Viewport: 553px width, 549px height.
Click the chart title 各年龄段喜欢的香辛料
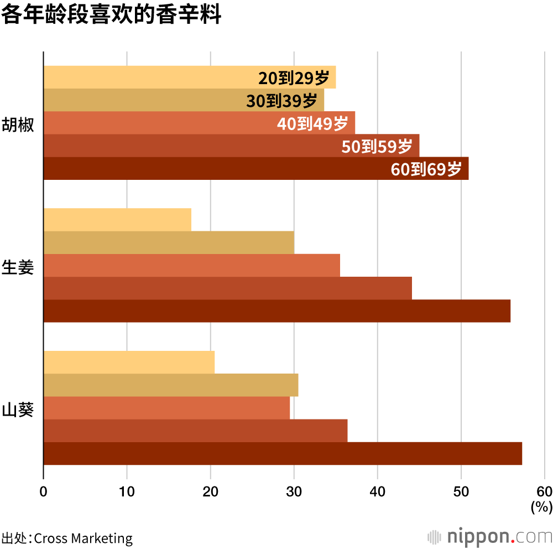click(x=111, y=15)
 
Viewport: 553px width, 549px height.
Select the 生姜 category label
click(x=18, y=267)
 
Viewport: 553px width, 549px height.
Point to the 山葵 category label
click(x=18, y=410)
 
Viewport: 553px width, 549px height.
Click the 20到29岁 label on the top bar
click(x=294, y=78)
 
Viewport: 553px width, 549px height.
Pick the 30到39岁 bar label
click(x=281, y=101)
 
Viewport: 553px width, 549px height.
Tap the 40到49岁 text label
click(x=312, y=123)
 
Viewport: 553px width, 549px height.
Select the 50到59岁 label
click(x=377, y=147)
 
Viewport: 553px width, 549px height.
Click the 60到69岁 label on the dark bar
click(x=426, y=169)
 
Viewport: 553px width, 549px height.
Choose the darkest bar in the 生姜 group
click(x=276, y=311)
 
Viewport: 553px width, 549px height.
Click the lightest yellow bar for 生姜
click(x=117, y=220)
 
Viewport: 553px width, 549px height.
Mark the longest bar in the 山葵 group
click(x=282, y=454)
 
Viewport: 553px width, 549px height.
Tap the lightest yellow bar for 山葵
click(x=129, y=362)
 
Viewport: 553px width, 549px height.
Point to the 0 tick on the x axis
click(x=43, y=491)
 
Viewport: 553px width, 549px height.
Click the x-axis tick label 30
click(x=294, y=491)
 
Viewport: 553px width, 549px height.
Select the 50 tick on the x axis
click(x=461, y=491)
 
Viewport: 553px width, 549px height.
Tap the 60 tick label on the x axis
click(x=544, y=491)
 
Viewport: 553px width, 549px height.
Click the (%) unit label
click(x=541, y=506)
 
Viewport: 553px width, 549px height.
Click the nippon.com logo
click(x=490, y=536)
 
